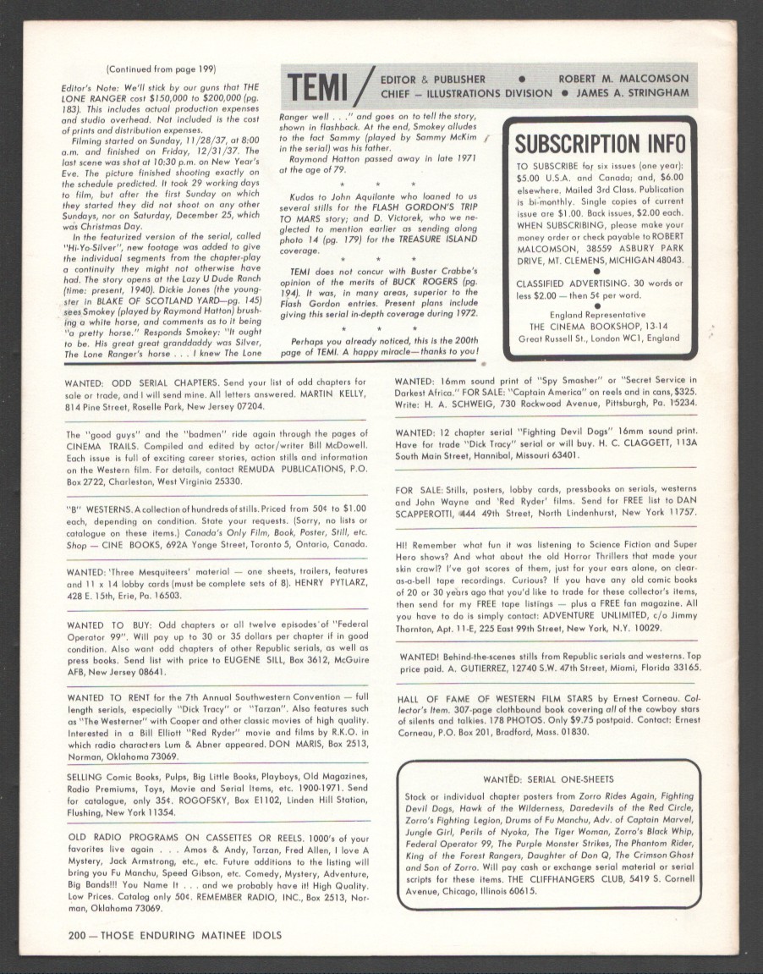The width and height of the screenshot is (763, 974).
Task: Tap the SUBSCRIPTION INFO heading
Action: pos(600,144)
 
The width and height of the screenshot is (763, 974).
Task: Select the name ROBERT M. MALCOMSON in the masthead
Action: pos(623,79)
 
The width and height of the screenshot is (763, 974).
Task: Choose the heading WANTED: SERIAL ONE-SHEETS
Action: pos(549,779)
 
